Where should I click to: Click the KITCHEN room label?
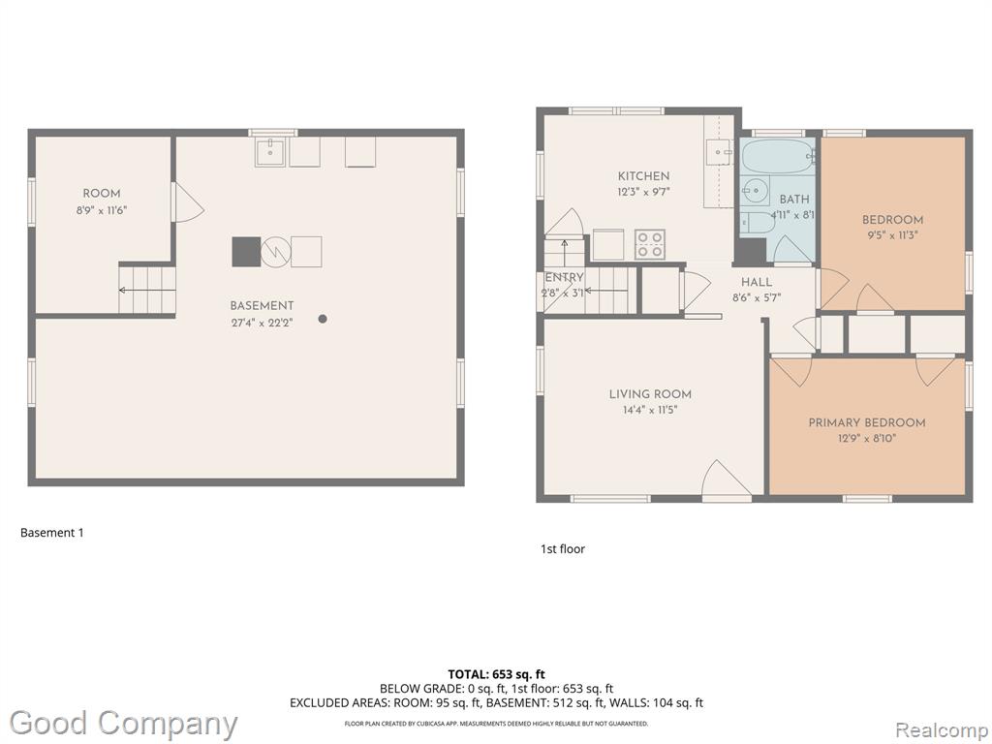click(x=643, y=176)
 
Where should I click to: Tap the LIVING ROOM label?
click(x=650, y=394)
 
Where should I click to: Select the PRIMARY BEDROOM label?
click(x=867, y=422)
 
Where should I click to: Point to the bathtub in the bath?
click(x=778, y=156)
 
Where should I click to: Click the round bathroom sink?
click(x=754, y=190)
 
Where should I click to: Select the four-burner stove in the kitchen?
click(x=650, y=244)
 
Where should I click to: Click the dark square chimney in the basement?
click(x=246, y=252)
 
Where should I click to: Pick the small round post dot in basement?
click(x=323, y=319)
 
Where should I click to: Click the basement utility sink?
click(x=271, y=152)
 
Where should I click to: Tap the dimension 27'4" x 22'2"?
click(x=262, y=323)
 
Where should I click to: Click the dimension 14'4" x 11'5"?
click(x=650, y=410)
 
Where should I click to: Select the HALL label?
click(x=757, y=282)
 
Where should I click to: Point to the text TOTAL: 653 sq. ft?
click(x=496, y=674)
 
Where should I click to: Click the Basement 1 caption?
click(x=52, y=533)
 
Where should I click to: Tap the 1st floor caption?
click(x=563, y=549)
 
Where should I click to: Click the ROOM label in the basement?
click(x=102, y=194)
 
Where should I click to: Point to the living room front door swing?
click(x=727, y=479)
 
